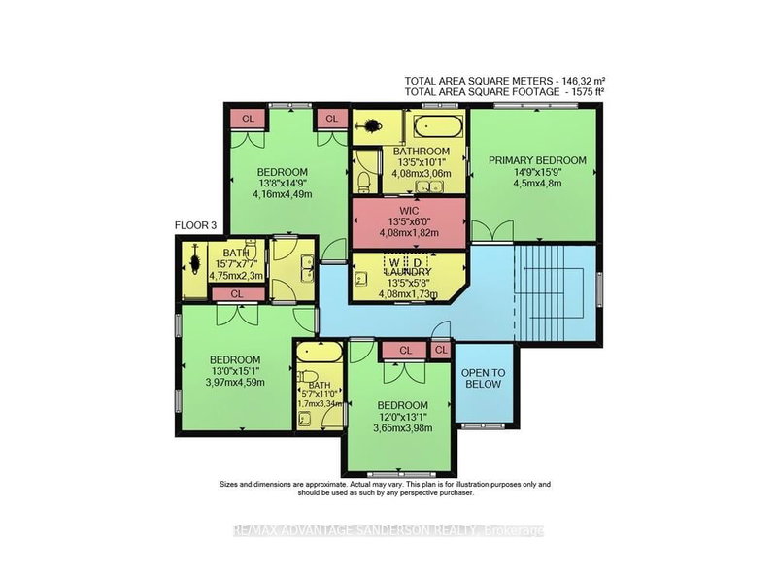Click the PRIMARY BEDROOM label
pos(537,160)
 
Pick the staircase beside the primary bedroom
pos(555,288)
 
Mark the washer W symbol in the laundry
pos(393,262)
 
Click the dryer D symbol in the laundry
pos(419,262)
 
